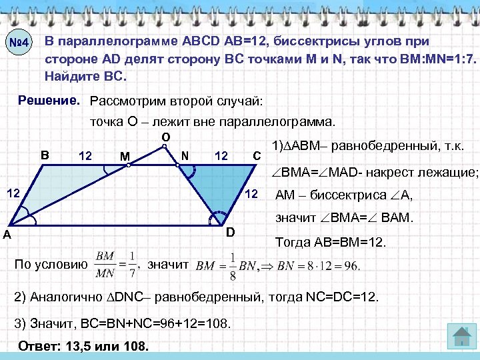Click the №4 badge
[20, 45]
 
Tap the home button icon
[460, 335]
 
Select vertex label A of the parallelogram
[6, 234]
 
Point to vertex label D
[229, 232]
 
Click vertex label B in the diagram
[45, 155]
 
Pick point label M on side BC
[125, 157]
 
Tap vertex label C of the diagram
[257, 156]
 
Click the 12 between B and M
[85, 156]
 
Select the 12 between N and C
[221, 156]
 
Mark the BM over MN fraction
[105, 264]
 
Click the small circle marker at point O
[166, 148]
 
